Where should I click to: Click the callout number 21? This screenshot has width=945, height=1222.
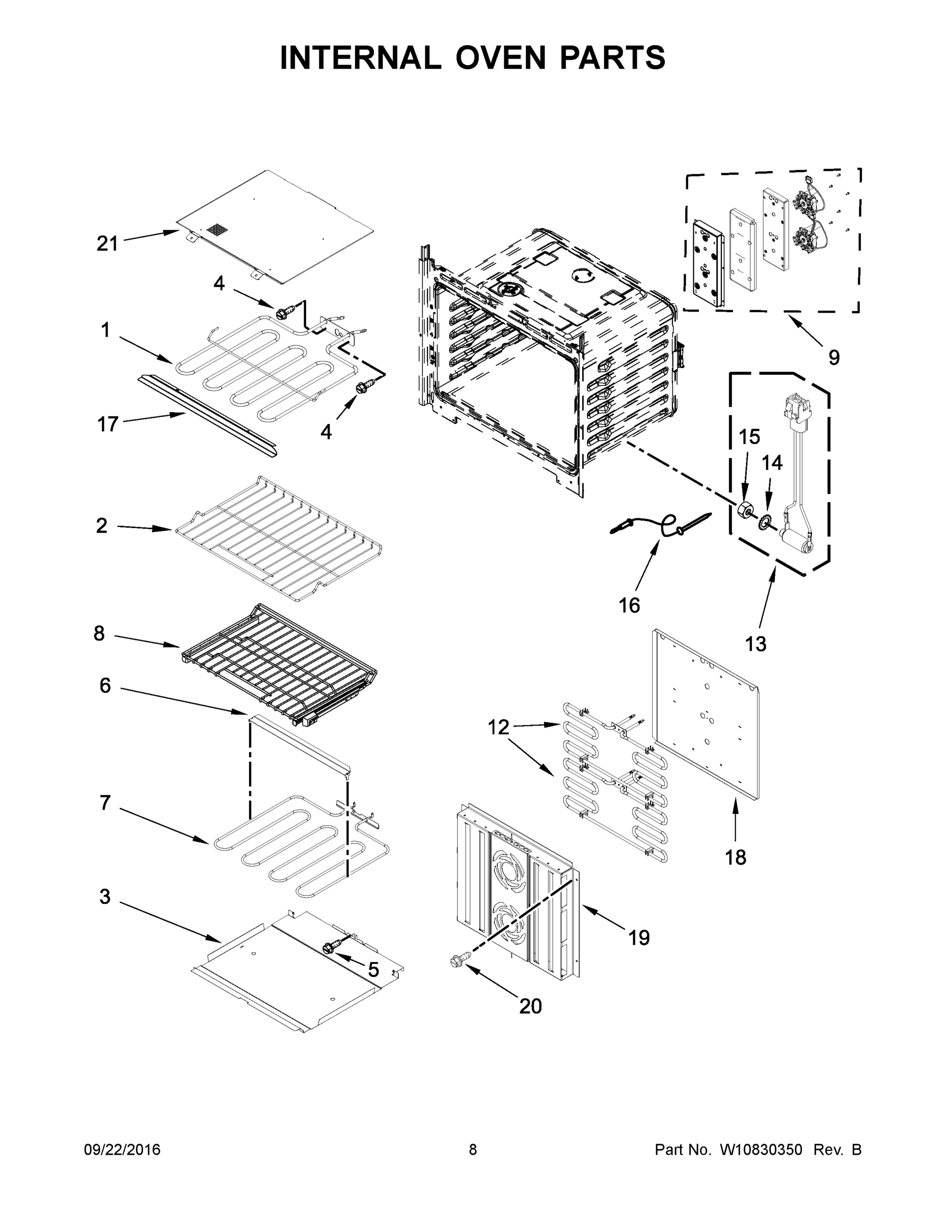coord(107,243)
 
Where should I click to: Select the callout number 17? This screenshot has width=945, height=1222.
coord(107,424)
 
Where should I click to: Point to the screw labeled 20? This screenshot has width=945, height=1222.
coord(454,961)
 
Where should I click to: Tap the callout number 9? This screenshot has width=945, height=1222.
coord(834,357)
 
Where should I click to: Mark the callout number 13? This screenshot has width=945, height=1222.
coord(755,644)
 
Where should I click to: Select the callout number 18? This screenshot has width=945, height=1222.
coord(736,857)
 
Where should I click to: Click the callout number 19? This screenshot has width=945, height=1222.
coord(639,937)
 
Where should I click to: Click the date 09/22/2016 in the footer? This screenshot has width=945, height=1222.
coord(122,1149)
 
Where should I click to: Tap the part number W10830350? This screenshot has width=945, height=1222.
coord(761,1149)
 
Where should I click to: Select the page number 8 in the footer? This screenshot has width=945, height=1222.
coord(473,1149)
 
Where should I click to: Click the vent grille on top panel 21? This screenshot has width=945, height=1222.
coord(215,229)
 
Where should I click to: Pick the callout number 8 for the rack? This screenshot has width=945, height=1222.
coord(99,633)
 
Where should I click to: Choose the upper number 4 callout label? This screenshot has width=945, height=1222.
coord(219,284)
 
